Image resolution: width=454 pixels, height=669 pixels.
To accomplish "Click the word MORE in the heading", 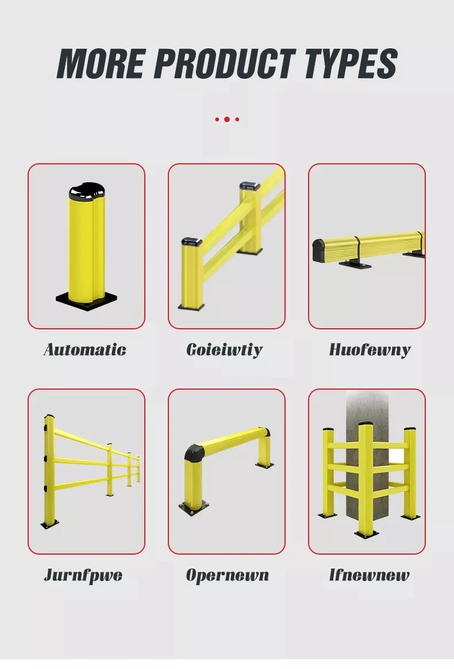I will coord(100,64).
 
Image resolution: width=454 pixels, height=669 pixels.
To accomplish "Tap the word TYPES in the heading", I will coord(351,64).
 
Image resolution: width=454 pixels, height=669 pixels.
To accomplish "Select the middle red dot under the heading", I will coord(227,120).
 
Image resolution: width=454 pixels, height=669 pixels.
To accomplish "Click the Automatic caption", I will coord(85,349).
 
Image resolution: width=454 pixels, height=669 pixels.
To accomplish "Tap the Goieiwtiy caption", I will coord(225,349).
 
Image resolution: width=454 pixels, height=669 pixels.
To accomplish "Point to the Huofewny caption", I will coord(370,349).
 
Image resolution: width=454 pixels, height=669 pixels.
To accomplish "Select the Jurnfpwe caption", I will coord(83,575).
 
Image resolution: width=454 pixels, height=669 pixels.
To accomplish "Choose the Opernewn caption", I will coord(227,575).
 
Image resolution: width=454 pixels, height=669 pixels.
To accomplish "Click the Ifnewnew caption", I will coord(369,575).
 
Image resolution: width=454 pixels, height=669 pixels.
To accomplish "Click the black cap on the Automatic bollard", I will coord(86,193).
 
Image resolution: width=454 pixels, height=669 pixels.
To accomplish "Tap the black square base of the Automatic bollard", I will coord(86,301).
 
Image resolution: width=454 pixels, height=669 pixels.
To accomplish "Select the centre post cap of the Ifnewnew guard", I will coord(366,426).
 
